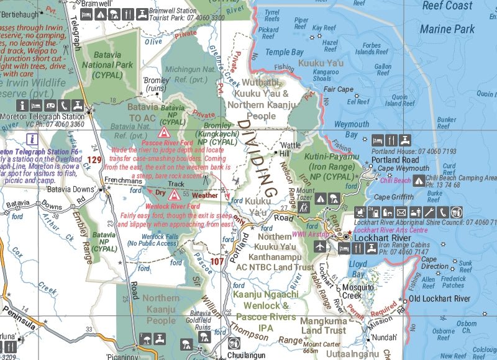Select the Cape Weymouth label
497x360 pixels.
(403, 169)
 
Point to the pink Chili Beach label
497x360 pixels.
(395, 181)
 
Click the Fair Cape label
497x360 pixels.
(338, 89)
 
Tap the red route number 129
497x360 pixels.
(94, 160)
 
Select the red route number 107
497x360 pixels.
(216, 261)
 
